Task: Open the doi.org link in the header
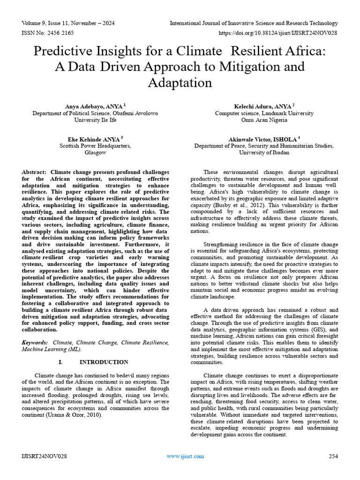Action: click(278, 33)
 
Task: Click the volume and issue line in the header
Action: click(68, 23)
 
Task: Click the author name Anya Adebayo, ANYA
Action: click(94, 106)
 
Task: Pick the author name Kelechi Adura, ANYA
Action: click(263, 106)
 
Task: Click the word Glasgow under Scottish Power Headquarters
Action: click(95, 153)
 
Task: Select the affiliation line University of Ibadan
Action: click(264, 153)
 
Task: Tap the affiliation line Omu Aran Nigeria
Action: click(264, 120)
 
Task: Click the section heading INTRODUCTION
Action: click(104, 362)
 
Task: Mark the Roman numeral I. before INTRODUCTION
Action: click(60, 362)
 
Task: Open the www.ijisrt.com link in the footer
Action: click(186, 456)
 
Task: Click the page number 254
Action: click(333, 456)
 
